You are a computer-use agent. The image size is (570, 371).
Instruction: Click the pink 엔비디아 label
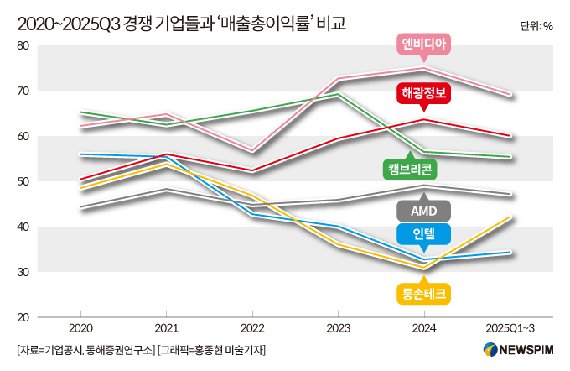424,44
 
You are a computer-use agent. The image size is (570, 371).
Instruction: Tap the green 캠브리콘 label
411,168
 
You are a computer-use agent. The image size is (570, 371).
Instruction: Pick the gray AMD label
424,210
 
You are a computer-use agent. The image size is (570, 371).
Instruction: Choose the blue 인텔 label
424,234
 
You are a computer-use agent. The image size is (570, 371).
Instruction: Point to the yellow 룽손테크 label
424,293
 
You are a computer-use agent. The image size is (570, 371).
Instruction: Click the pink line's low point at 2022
252,149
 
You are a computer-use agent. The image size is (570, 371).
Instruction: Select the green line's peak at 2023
338,94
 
